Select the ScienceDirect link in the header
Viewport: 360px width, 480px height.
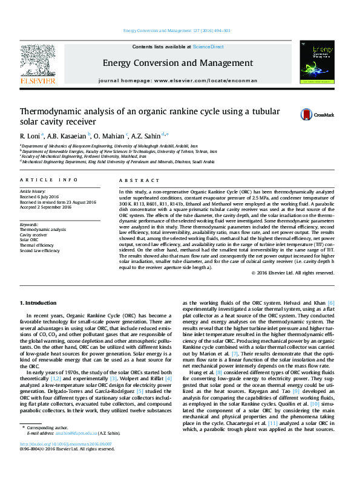208,47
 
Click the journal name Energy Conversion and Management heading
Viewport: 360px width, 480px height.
178,62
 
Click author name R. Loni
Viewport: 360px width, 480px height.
31,135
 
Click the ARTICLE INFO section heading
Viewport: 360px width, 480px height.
49,180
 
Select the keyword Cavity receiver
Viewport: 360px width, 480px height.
33,235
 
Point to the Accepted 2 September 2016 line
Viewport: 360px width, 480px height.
45,207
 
